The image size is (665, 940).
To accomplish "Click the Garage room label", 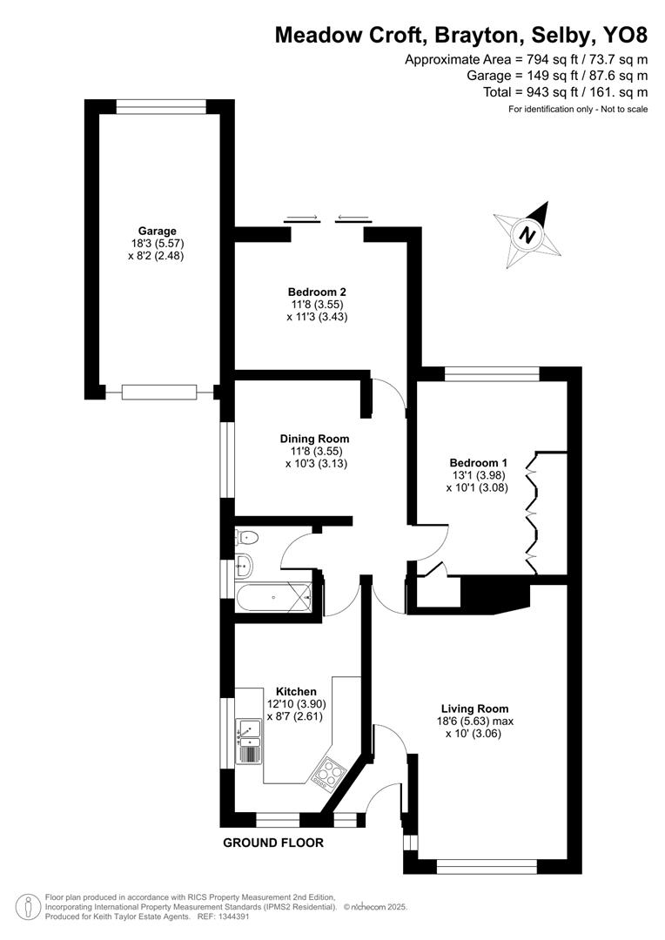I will (x=156, y=231).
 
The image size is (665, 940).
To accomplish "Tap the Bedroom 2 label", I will (x=317, y=292).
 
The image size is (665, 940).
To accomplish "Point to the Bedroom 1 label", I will (x=478, y=462).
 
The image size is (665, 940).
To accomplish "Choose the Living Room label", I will (x=474, y=708).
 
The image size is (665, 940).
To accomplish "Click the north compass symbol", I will (x=526, y=234).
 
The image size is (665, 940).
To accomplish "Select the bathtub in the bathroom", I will (x=272, y=598).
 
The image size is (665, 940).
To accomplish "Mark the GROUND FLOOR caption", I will (x=273, y=843).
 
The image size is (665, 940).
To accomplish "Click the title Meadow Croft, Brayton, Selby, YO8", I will (x=461, y=35).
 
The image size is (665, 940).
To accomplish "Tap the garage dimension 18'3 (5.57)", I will (x=156, y=244).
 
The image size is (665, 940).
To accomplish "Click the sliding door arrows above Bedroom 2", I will (x=326, y=218).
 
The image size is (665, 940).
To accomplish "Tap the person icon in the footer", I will (x=30, y=906).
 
